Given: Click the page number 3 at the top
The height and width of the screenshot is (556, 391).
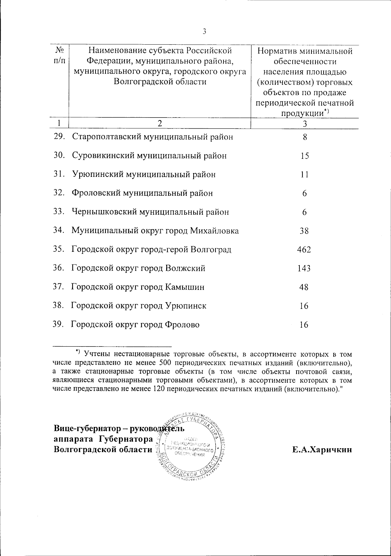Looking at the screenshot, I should (x=204, y=31).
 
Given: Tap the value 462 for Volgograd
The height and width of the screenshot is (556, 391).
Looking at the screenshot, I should (x=304, y=250).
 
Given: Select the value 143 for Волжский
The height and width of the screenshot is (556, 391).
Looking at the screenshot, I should (x=304, y=269).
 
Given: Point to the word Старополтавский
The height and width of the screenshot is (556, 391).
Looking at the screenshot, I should (x=107, y=137).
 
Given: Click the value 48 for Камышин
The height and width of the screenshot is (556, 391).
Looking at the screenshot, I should (x=304, y=287).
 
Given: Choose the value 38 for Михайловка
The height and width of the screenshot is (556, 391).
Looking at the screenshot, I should (x=304, y=231).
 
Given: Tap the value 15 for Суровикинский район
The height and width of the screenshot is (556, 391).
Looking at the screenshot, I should (x=305, y=156).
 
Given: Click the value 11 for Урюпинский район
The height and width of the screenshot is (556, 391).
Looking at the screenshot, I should (x=304, y=175).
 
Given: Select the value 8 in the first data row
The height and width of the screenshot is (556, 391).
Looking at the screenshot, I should (x=305, y=137).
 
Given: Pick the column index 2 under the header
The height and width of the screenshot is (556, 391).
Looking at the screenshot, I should (x=159, y=123).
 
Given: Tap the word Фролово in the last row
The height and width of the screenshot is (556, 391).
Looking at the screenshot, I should (x=182, y=325).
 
